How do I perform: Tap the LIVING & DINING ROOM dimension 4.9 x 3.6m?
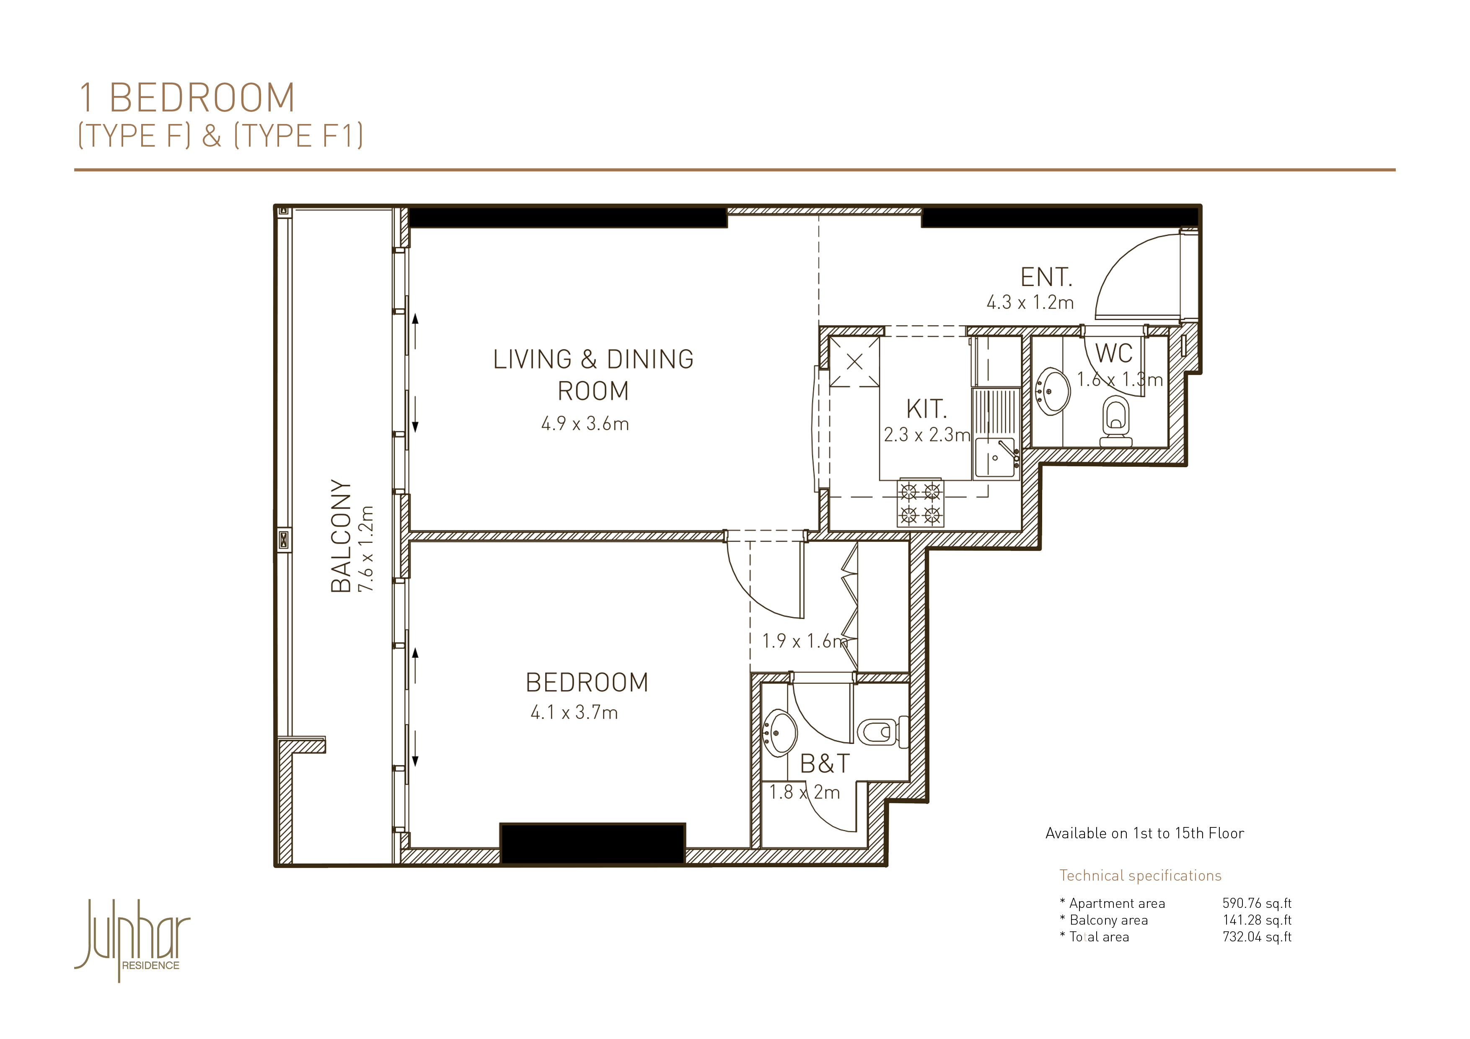click(585, 424)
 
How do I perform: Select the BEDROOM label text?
click(587, 682)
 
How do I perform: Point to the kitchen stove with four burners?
click(920, 503)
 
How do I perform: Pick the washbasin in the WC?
click(1052, 390)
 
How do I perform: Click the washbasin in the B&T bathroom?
click(779, 732)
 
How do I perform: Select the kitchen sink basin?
click(995, 458)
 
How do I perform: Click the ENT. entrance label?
click(1046, 277)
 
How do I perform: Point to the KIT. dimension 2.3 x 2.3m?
click(927, 435)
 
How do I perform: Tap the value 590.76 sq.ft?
click(1257, 903)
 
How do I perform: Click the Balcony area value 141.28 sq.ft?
click(1257, 920)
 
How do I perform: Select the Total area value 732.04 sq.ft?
click(1257, 937)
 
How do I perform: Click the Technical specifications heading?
click(1140, 876)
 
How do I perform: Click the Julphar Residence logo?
click(132, 940)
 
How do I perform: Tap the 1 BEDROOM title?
click(187, 98)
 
